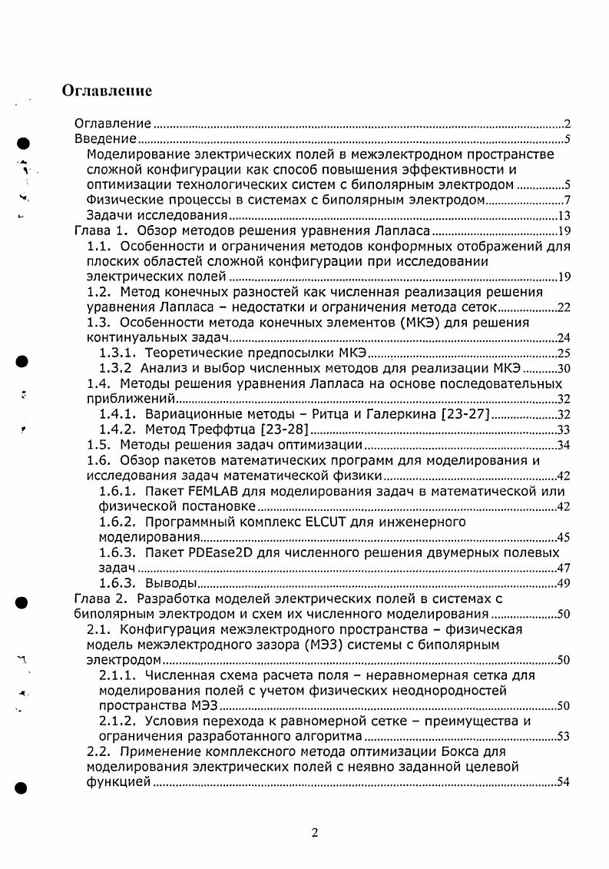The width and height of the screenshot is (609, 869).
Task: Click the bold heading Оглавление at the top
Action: [x=107, y=91]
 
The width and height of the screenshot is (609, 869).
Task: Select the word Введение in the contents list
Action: [x=105, y=138]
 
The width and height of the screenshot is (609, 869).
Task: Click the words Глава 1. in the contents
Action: [x=98, y=231]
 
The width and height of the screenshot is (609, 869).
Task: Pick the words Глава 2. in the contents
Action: [x=98, y=599]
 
